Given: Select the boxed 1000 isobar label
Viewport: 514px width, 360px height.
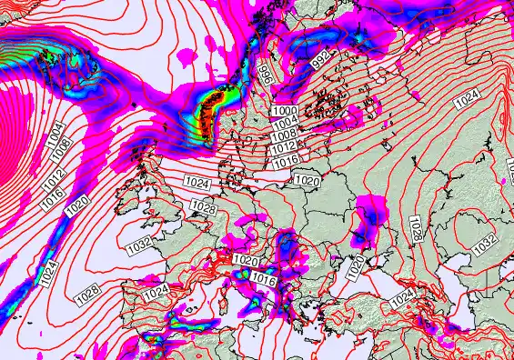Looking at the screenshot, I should pyautogui.click(x=284, y=111).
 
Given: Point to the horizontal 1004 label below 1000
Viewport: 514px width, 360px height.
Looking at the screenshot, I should pyautogui.click(x=285, y=123).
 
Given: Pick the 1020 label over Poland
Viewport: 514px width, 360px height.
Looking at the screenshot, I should pyautogui.click(x=307, y=181).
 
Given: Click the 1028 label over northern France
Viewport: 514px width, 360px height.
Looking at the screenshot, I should pyautogui.click(x=203, y=209).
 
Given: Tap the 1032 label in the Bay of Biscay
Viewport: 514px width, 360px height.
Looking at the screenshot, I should pyautogui.click(x=139, y=245).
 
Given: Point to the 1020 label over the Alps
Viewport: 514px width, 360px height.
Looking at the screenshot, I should pyautogui.click(x=245, y=261).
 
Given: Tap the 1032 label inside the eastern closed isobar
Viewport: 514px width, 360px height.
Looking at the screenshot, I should pyautogui.click(x=484, y=244).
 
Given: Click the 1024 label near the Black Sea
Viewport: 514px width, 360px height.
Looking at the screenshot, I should pyautogui.click(x=400, y=297).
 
